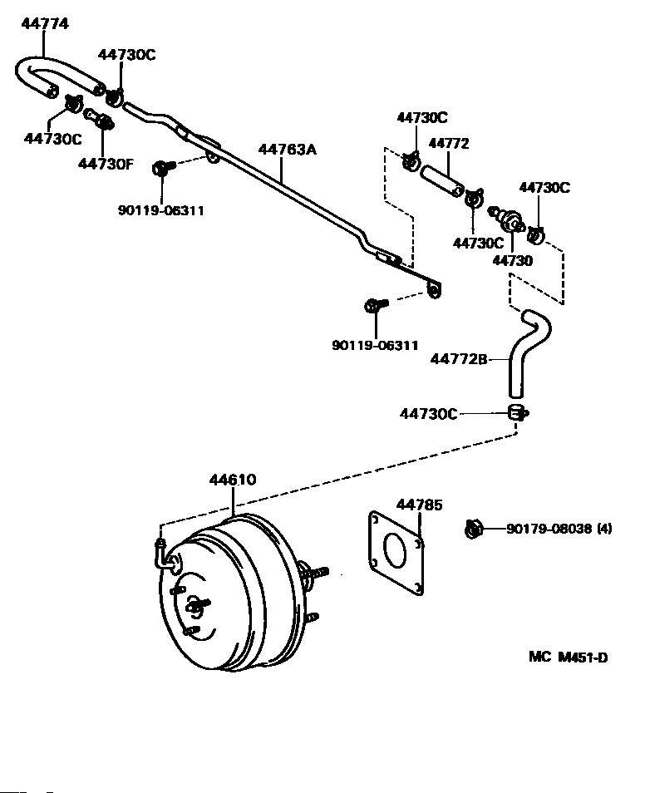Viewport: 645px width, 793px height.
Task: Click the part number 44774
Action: click(x=45, y=24)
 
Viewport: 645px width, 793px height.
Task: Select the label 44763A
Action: click(x=288, y=149)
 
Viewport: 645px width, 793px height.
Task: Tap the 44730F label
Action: click(x=106, y=164)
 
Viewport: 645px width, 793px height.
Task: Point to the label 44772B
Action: click(x=459, y=358)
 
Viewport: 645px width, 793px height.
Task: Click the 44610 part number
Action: click(x=233, y=480)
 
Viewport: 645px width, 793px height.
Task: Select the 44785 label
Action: click(x=420, y=505)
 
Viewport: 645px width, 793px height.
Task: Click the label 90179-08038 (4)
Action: click(x=559, y=529)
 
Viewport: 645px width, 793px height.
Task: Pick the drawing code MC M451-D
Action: click(x=568, y=657)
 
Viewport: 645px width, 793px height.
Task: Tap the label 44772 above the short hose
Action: click(x=449, y=143)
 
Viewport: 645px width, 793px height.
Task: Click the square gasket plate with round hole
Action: click(x=396, y=554)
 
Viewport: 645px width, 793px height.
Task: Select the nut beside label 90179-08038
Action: click(x=474, y=529)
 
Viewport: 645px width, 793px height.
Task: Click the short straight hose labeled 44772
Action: click(x=441, y=180)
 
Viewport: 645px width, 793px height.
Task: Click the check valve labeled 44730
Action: click(x=506, y=219)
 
